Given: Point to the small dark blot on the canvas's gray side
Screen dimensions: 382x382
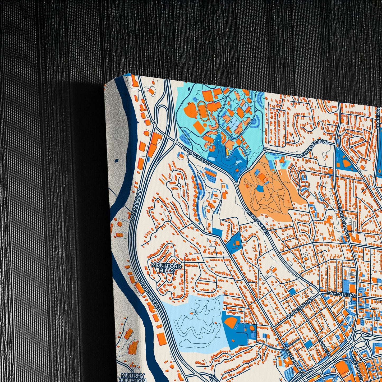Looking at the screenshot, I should pyautogui.click(x=116, y=161).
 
